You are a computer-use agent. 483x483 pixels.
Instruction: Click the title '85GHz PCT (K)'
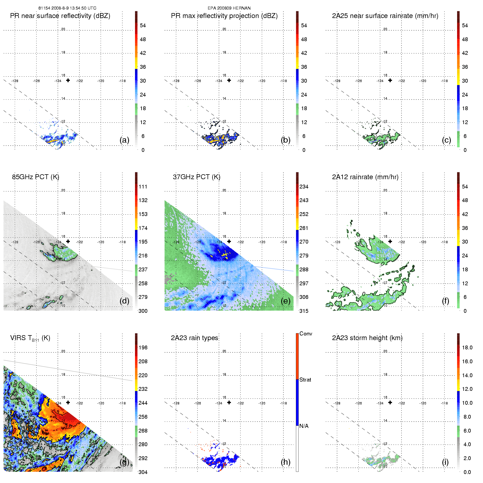[x=35, y=177]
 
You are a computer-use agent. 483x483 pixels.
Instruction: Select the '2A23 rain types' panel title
[x=194, y=338]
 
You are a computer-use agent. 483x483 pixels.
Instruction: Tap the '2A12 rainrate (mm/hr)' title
[x=365, y=177]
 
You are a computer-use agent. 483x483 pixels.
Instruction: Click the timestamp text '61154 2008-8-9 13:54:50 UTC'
[x=67, y=8]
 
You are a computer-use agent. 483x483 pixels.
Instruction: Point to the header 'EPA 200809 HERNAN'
[x=229, y=8]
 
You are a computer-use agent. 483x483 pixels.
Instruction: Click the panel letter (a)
[x=124, y=140]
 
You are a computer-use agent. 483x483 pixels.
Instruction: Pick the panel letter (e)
[x=286, y=301]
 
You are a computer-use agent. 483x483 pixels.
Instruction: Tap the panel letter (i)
[x=445, y=462]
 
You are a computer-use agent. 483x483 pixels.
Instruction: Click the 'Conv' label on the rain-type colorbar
[x=306, y=334]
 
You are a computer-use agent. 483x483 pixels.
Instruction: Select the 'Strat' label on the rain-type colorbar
[x=305, y=380]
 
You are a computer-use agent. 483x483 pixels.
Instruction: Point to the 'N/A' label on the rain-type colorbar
[x=304, y=426]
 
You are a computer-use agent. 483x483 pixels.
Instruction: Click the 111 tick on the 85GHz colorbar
[x=143, y=187]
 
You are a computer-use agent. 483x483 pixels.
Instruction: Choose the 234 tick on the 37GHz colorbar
[x=304, y=187]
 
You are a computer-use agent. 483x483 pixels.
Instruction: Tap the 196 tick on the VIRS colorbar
[x=143, y=347]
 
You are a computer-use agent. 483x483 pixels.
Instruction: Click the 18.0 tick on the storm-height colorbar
[x=467, y=347]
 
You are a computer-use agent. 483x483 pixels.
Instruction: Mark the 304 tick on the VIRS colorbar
[x=143, y=472]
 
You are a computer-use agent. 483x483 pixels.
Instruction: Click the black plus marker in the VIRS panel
[x=68, y=403]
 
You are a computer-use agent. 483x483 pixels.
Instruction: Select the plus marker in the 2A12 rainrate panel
[x=390, y=241]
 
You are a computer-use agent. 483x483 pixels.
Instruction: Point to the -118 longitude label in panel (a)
[x=122, y=81]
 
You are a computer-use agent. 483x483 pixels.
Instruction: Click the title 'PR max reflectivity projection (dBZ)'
[x=224, y=16]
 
